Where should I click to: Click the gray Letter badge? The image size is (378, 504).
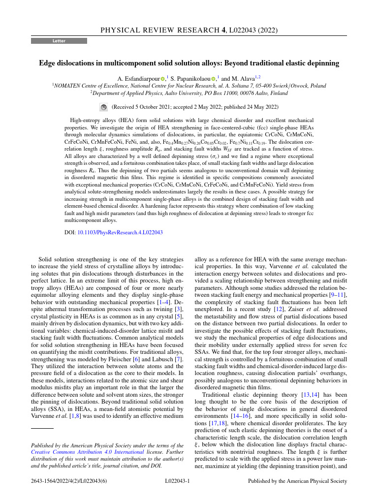point(59,41)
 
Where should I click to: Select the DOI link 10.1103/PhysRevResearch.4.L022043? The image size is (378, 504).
point(120,232)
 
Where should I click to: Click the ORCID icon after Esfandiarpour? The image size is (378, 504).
point(163,79)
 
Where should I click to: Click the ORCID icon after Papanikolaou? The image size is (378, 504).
point(214,79)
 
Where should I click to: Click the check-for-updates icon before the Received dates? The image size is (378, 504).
point(103,107)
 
